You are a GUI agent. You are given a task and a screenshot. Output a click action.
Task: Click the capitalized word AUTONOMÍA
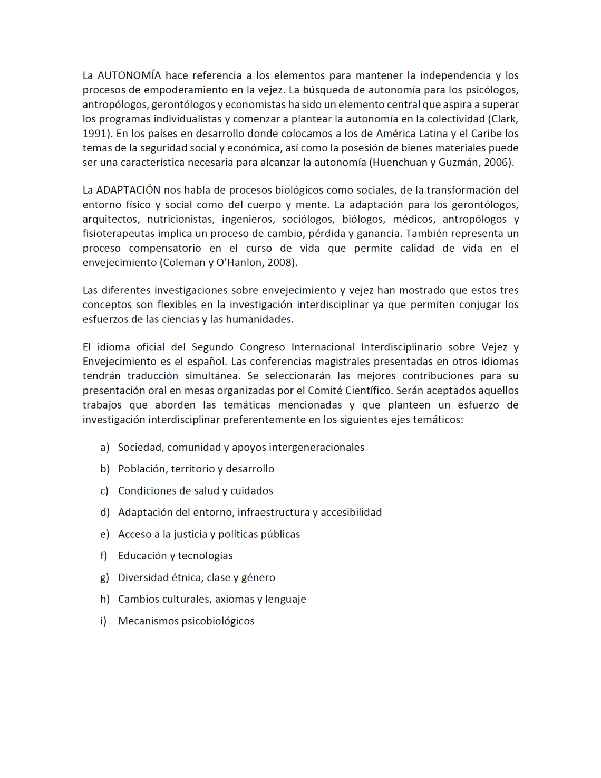coord(129,75)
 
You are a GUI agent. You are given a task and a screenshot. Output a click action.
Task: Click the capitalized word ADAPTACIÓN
coord(128,190)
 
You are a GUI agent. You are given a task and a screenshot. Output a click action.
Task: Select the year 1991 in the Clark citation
coord(95,134)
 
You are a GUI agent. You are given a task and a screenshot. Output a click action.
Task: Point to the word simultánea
coord(211,376)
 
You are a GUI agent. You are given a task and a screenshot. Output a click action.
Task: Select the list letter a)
coord(105,448)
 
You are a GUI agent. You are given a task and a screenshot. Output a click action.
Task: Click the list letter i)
coord(103,621)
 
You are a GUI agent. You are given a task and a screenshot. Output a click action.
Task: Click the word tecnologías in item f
coord(205,556)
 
